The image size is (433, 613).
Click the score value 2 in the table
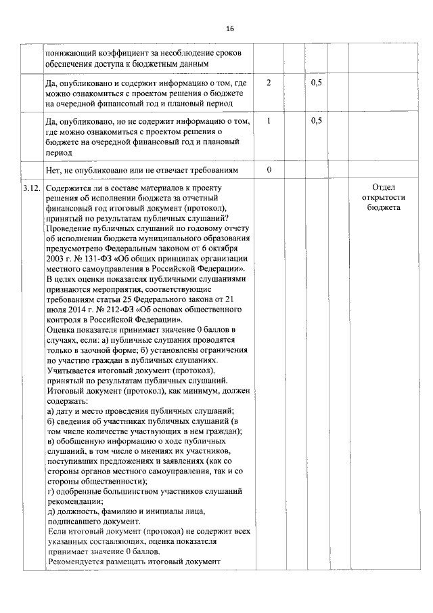tap(269, 83)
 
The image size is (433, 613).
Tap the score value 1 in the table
tap(269, 121)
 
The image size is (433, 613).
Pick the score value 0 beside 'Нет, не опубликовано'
tap(269, 169)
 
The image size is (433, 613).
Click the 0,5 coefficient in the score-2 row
tap(316, 83)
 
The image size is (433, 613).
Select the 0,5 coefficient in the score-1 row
tap(316, 121)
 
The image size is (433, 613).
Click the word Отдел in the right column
tap(383, 188)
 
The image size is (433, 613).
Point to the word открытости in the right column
tap(383, 198)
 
